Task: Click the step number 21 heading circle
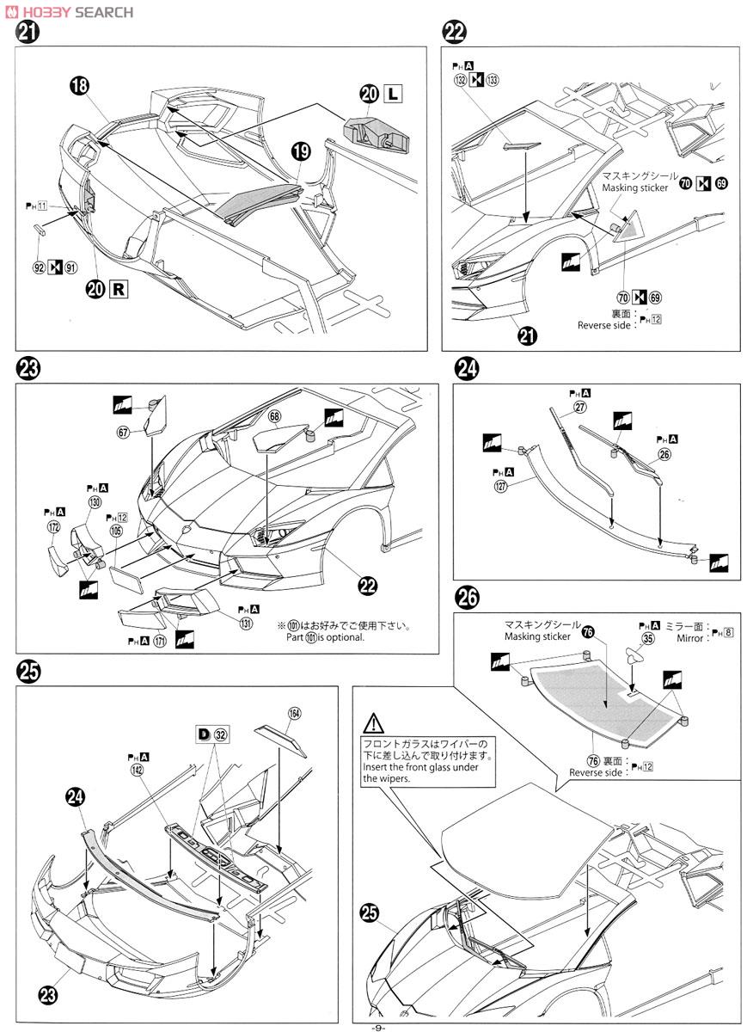pos(27,34)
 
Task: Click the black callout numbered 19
pos(301,152)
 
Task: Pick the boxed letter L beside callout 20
pos(392,93)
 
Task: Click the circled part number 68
pos(274,416)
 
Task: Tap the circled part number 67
pos(124,432)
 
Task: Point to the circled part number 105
pos(116,531)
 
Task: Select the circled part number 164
pos(295,712)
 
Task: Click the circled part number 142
pos(137,771)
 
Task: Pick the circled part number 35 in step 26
pos(647,638)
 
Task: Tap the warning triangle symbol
pos(371,723)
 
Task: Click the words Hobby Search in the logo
pos(76,12)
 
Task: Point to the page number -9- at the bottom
pos(377,1026)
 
